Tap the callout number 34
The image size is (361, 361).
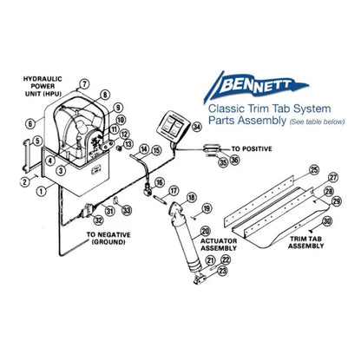197,127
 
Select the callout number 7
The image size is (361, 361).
84,83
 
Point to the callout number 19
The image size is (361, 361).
206,209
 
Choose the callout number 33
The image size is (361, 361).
127,210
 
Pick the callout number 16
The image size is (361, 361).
159,183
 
